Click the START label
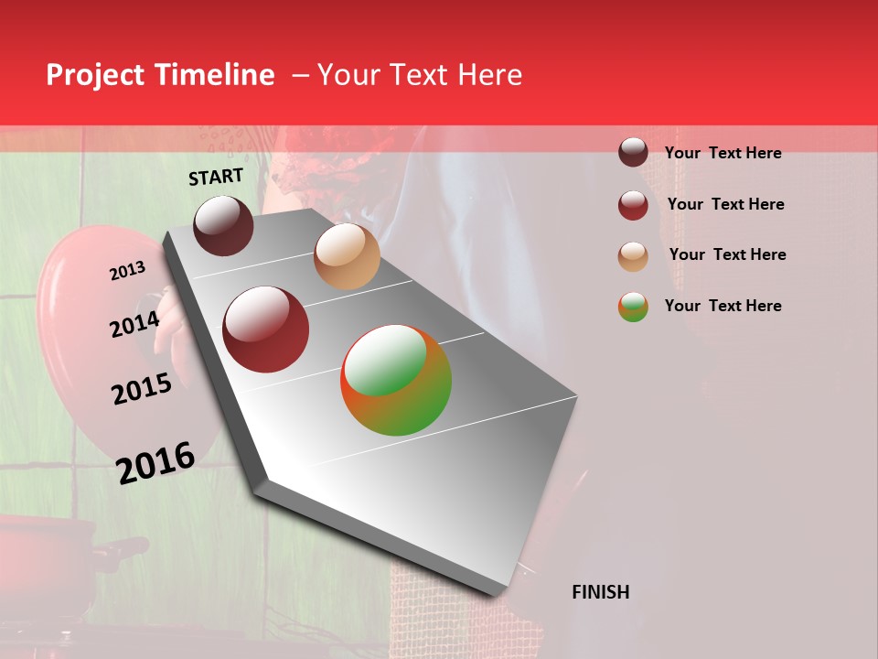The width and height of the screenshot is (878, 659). (x=216, y=177)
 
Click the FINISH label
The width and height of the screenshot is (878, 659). (x=600, y=592)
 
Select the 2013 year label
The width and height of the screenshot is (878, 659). (x=127, y=271)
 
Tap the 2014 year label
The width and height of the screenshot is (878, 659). (x=134, y=324)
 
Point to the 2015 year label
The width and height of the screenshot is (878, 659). (x=142, y=389)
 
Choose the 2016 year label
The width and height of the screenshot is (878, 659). (x=155, y=462)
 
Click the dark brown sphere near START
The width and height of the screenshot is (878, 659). (x=223, y=225)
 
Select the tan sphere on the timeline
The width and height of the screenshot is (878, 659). (x=347, y=256)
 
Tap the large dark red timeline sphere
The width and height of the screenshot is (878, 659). (x=266, y=329)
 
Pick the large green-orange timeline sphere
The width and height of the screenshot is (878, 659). (x=396, y=380)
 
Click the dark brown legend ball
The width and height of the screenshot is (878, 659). (x=633, y=153)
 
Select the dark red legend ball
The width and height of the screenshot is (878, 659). (x=633, y=204)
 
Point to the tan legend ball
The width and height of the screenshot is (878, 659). (x=633, y=255)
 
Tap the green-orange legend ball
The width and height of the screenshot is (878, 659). (x=633, y=307)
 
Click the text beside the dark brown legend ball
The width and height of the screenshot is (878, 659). (x=723, y=153)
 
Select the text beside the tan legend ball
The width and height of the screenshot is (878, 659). (x=727, y=254)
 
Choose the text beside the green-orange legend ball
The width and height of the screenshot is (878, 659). (x=723, y=306)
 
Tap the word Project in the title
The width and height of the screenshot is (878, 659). (x=95, y=75)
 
